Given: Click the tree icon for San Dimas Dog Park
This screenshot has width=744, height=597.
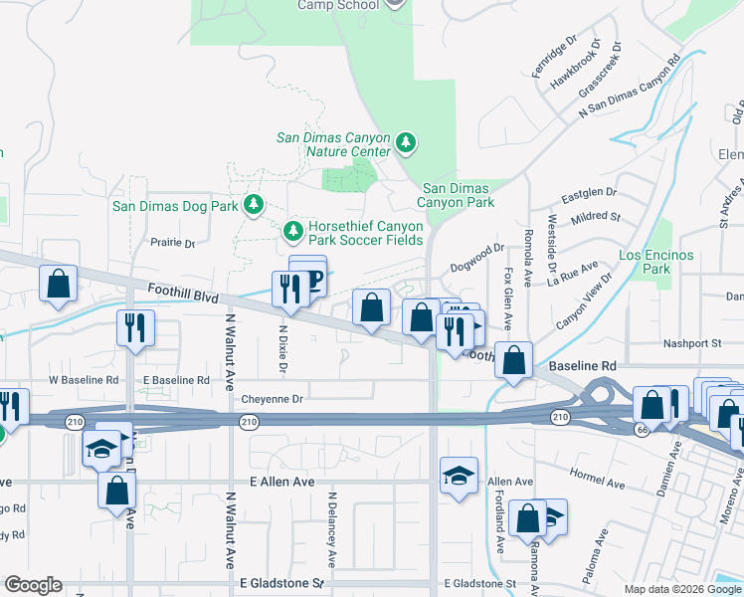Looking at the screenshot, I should [255, 205].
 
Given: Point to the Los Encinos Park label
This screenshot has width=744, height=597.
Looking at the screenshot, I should [656, 263].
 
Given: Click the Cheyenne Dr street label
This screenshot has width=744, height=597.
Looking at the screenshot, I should [272, 399].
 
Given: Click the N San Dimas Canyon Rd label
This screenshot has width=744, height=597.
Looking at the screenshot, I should [630, 87].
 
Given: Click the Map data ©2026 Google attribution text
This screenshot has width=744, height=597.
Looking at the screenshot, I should [682, 589].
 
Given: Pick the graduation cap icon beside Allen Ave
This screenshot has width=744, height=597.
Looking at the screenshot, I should [459, 474].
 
